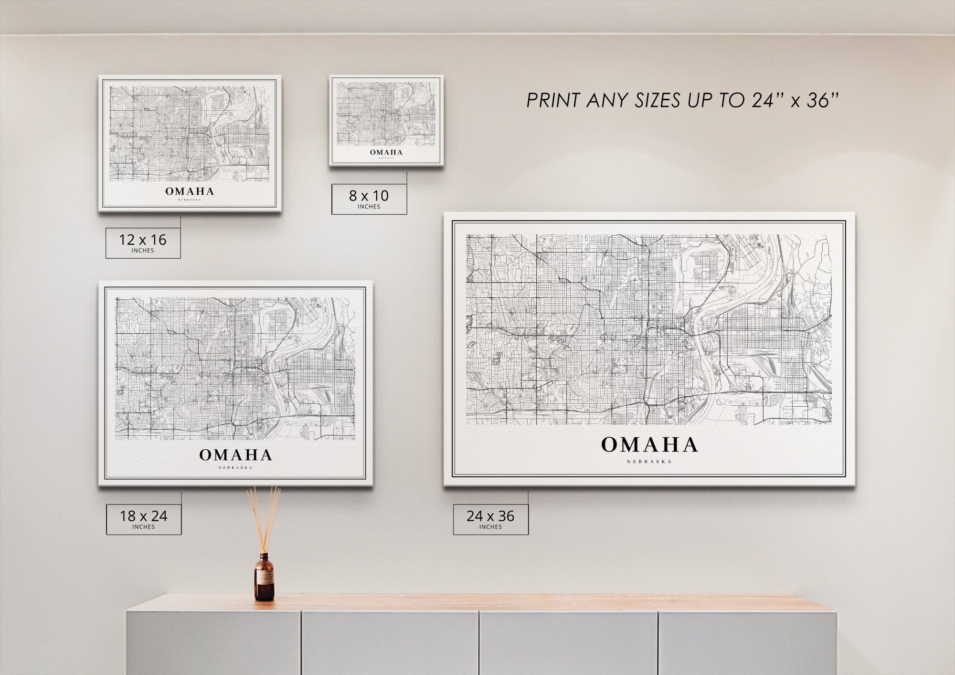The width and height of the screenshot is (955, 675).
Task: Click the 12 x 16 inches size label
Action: click(143, 243)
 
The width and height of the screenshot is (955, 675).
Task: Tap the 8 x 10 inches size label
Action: click(369, 199)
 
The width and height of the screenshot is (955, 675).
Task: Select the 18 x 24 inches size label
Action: click(144, 519)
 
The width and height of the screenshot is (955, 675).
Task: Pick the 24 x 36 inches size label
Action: click(490, 519)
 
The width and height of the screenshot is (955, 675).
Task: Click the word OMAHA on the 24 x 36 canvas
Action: click(649, 445)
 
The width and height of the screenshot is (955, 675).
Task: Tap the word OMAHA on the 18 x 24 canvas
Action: click(236, 455)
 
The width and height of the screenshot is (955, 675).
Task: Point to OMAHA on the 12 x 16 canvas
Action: click(190, 191)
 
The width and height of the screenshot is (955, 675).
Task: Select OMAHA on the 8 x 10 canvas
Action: click(386, 152)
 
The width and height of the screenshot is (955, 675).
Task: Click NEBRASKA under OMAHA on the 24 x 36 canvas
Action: click(649, 462)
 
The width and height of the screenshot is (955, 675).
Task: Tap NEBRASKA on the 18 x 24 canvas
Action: click(235, 467)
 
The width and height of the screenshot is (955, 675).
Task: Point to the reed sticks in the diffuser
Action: click(264, 518)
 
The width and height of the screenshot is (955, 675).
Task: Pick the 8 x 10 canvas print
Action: click(386, 120)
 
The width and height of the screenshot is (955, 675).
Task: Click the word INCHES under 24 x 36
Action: click(490, 527)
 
